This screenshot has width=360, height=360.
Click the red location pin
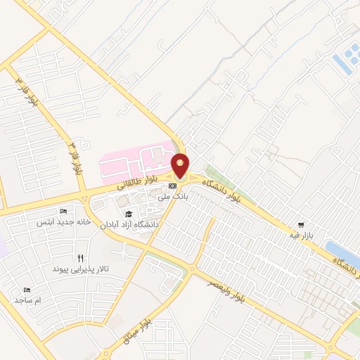pos(181,166)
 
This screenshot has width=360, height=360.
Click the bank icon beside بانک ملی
pos(172,186)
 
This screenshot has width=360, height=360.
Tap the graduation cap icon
pos(129,214)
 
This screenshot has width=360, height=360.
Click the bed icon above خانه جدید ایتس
pos(64,211)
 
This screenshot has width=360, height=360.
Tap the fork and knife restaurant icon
pos(81,258)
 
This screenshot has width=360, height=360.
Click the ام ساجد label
pos(28,300)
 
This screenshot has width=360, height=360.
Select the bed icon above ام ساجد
pos(28,290)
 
